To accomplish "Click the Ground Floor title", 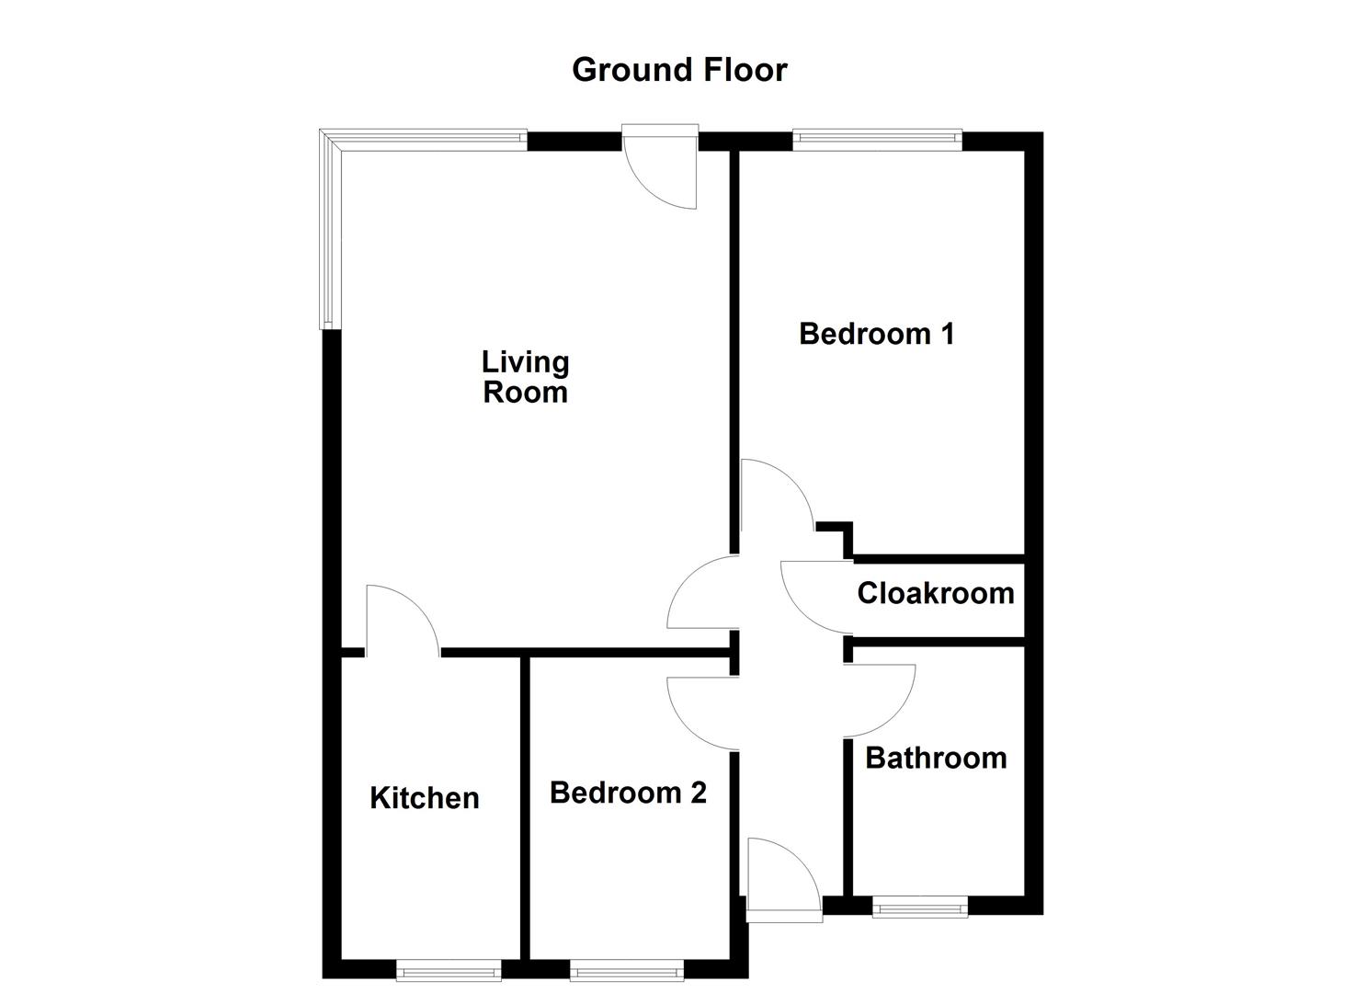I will (x=679, y=70).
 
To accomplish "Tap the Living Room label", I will (x=525, y=377).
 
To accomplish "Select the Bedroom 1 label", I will (x=876, y=333).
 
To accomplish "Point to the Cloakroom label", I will (x=935, y=593).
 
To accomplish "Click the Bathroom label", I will (x=936, y=758).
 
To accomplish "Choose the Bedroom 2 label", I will (x=628, y=793).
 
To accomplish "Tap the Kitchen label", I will (x=424, y=797).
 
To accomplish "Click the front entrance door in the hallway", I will (x=782, y=878).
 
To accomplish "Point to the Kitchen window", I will (x=449, y=969).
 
